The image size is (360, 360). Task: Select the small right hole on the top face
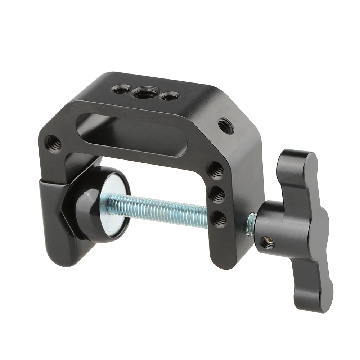point(170,96)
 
